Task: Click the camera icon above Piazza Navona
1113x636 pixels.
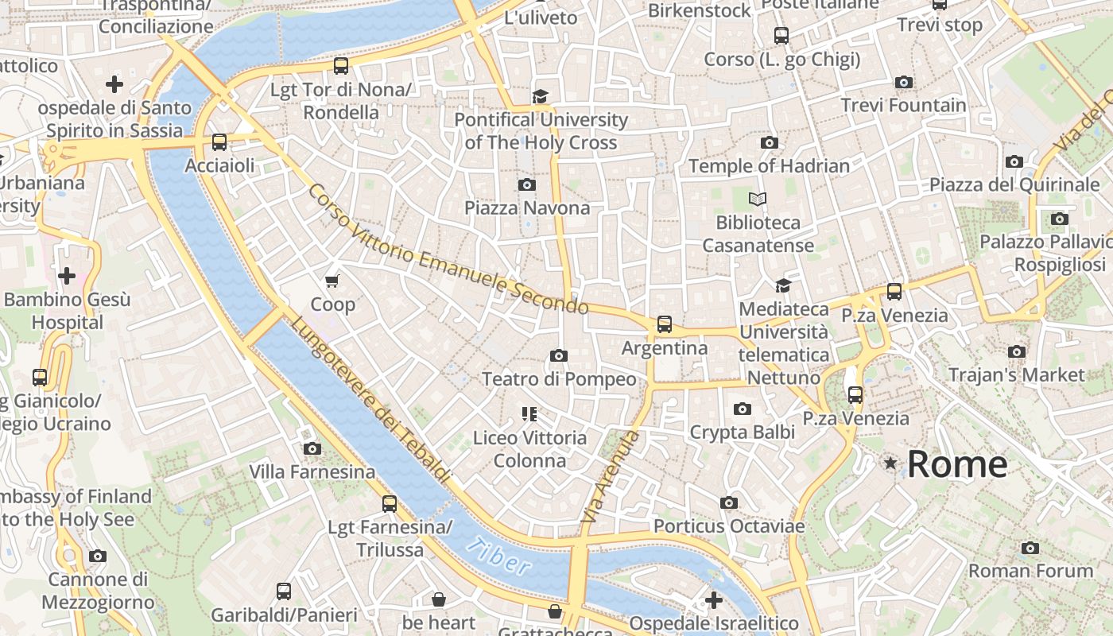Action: tap(526, 185)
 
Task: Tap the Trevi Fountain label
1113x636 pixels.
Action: tap(903, 105)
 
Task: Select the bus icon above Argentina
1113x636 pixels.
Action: tap(664, 324)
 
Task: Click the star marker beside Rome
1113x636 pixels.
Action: tap(890, 463)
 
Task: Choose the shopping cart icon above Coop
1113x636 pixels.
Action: tap(332, 281)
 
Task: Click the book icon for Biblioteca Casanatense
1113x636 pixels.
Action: tap(758, 199)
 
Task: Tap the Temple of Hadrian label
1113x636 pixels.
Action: tap(769, 165)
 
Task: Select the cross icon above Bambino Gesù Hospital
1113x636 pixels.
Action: tap(67, 276)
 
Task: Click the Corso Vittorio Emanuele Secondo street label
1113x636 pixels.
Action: tap(448, 250)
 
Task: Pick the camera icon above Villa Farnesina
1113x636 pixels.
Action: tap(312, 448)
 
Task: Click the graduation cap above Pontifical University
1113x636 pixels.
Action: tap(541, 96)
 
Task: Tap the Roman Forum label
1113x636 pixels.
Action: tap(1030, 570)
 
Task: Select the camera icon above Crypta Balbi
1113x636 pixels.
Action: tap(742, 409)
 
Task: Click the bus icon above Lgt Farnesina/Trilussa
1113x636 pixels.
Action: tap(389, 503)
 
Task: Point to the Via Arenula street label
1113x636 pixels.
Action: tap(611, 476)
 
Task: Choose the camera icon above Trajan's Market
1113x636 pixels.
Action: tap(1016, 351)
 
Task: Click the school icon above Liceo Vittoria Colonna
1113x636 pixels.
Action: tap(529, 413)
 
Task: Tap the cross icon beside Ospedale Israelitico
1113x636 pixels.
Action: tap(713, 599)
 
